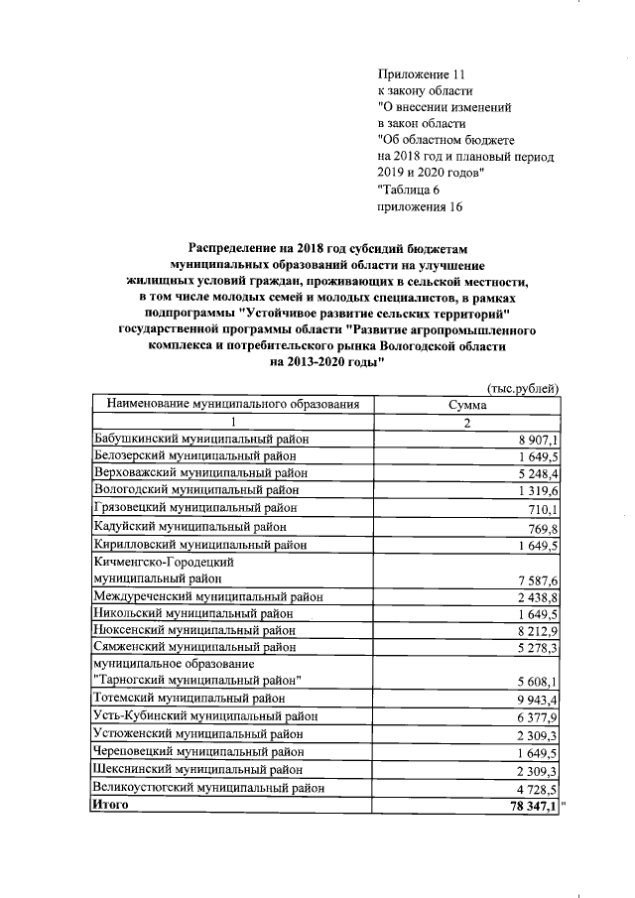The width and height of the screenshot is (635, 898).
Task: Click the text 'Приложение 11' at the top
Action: [x=421, y=74]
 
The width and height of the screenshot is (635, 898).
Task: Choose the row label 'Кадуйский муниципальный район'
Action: [x=185, y=527]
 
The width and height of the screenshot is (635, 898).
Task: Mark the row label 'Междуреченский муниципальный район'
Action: [x=206, y=597]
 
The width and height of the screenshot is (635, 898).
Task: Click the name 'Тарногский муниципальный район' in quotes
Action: [x=196, y=681]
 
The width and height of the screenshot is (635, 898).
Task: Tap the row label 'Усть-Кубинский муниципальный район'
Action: [x=205, y=716]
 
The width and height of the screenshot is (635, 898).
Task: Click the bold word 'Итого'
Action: [x=110, y=806]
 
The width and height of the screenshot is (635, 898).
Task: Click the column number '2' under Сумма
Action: [x=465, y=423]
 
